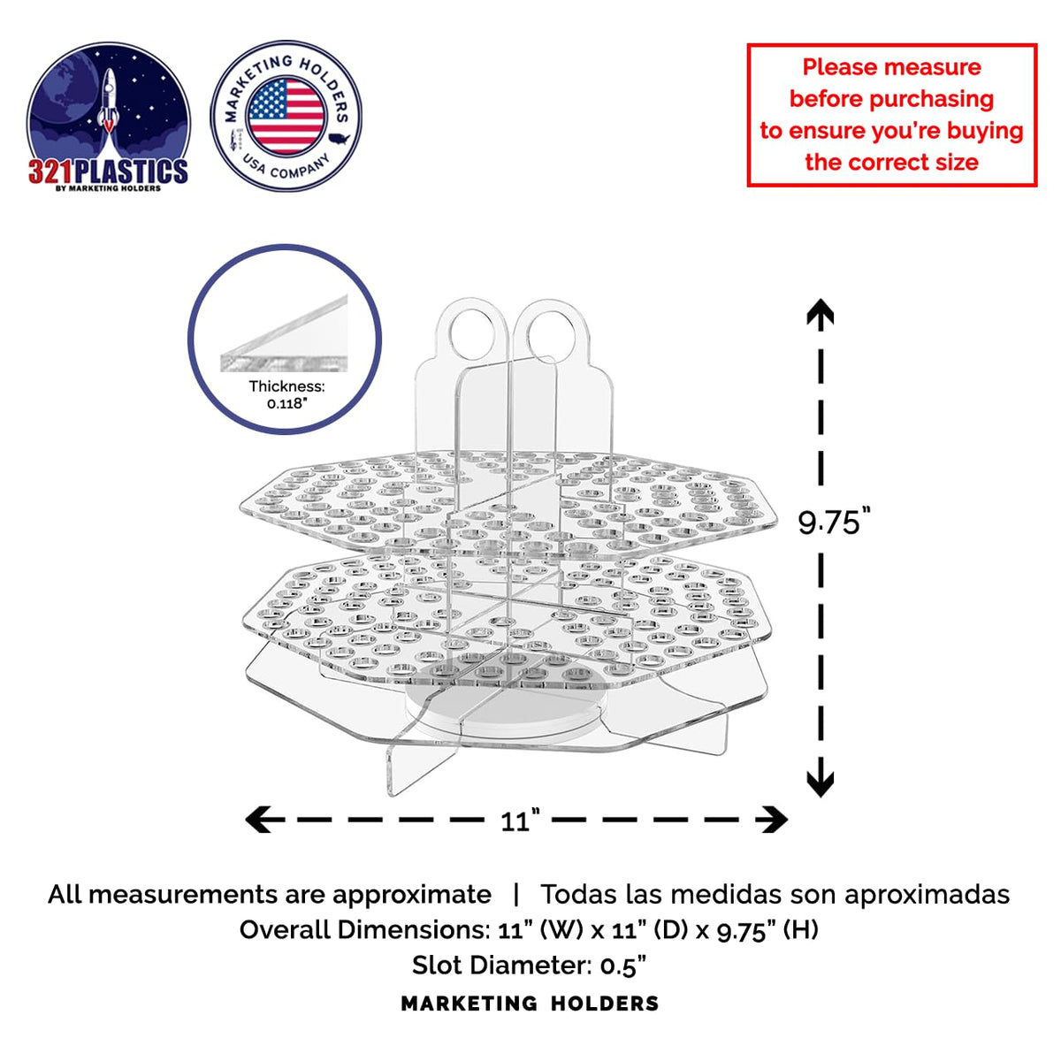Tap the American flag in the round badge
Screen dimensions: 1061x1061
pos(286,116)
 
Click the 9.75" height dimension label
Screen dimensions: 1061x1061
pos(834,521)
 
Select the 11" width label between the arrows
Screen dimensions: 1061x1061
pos(520,821)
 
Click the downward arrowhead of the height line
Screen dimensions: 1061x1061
pos(821,782)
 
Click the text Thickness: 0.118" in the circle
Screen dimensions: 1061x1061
pos(286,394)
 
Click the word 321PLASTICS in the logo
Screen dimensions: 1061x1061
pos(109,172)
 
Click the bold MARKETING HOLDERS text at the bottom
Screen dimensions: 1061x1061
pos(530,1004)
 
